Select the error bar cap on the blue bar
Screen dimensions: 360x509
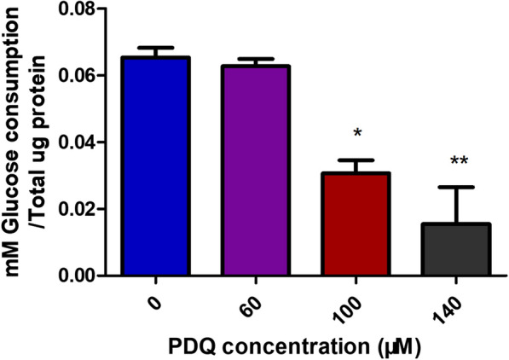point(155,48)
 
